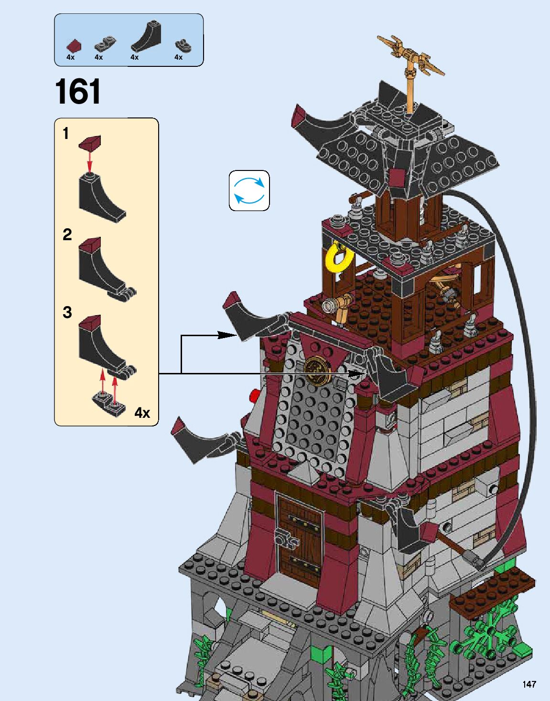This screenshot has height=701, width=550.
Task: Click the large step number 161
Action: tap(78, 92)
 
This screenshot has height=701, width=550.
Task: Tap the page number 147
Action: tap(529, 685)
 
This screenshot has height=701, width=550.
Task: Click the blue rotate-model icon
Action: tap(249, 191)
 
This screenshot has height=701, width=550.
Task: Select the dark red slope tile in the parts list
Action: tap(74, 46)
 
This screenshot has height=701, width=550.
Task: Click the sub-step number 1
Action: tap(66, 134)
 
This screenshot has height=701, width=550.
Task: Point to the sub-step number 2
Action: tap(67, 234)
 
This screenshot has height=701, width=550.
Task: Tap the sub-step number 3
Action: tap(67, 312)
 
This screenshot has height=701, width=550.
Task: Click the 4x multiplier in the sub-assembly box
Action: tap(142, 413)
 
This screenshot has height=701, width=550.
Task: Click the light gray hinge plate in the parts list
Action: tap(105, 45)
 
